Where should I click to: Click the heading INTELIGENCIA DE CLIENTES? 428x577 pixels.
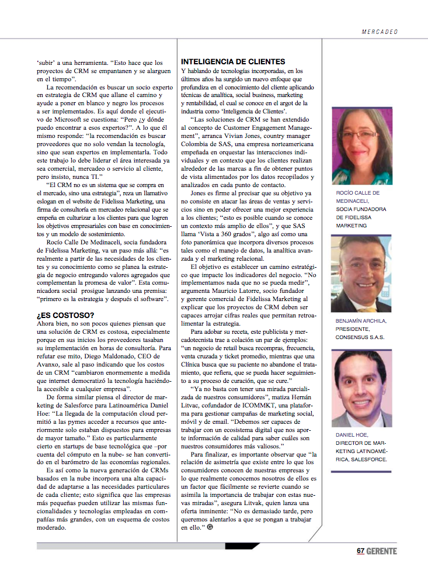[233, 61]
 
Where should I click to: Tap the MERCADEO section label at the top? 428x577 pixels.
[379, 32]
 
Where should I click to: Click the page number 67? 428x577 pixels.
[361, 551]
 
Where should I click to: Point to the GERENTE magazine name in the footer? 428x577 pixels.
[382, 551]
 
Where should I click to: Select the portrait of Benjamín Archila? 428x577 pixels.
[361, 274]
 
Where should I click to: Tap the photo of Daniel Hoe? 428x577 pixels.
[361, 389]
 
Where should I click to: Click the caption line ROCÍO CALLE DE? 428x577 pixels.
[358, 193]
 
